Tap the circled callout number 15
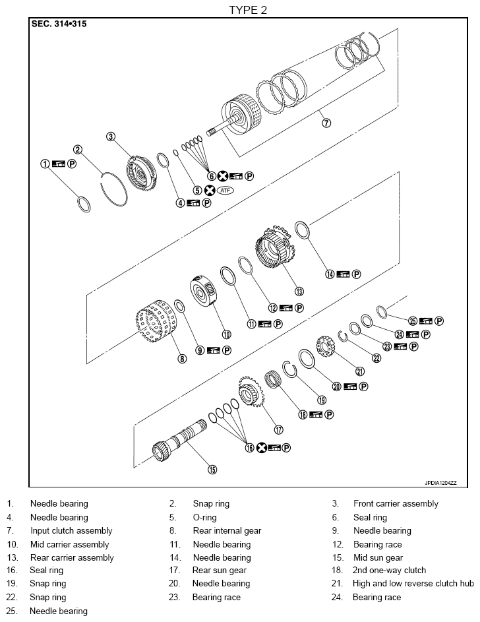click(212, 470)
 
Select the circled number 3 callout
click(111, 137)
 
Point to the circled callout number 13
click(299, 291)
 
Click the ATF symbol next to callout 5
click(226, 190)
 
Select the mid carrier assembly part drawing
click(205, 294)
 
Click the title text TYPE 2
click(248, 9)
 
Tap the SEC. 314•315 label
click(59, 24)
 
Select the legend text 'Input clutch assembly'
click(71, 530)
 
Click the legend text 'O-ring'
click(204, 517)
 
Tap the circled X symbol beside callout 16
click(261, 447)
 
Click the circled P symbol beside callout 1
click(72, 164)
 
